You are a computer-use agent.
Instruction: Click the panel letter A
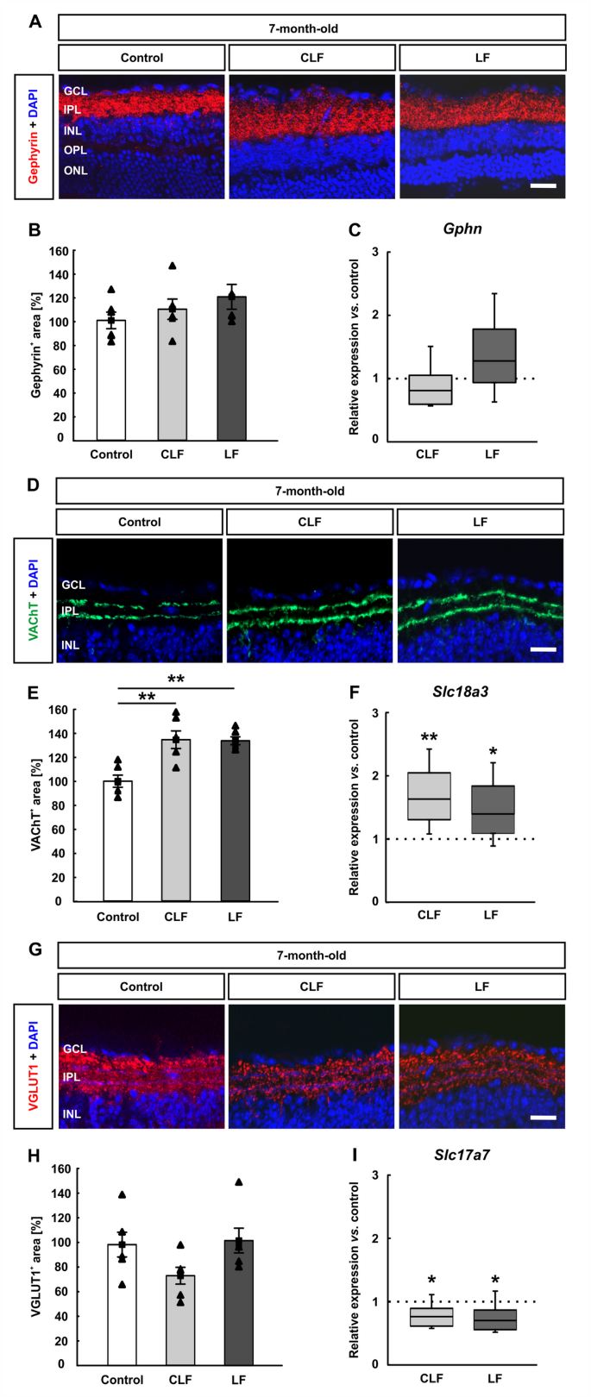[x=35, y=22]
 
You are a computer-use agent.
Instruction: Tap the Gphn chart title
[x=462, y=229]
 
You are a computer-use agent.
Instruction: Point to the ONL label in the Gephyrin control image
[x=75, y=171]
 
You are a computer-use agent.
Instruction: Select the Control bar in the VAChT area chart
[x=117, y=841]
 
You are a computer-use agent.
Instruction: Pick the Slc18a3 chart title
[x=462, y=692]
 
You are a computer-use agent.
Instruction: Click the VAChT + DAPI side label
[x=34, y=600]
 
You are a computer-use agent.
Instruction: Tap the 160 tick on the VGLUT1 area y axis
[x=62, y=1169]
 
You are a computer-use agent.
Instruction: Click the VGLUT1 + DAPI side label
[x=34, y=1066]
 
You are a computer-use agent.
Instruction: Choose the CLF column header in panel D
[x=310, y=522]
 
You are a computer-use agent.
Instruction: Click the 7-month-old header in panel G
[x=311, y=955]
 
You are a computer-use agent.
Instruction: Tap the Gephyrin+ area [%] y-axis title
[x=36, y=345]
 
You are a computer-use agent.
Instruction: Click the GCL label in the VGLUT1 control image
[x=74, y=1049]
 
